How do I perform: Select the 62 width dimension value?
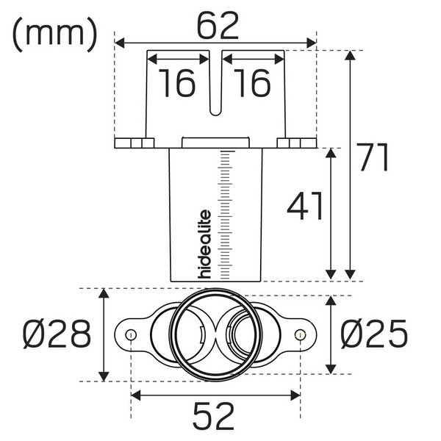click(218, 27)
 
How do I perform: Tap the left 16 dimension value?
click(177, 84)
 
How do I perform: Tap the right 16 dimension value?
click(252, 84)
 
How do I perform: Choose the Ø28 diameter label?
click(56, 335)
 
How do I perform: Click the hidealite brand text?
click(206, 245)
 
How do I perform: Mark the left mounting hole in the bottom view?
click(130, 335)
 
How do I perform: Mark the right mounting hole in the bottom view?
click(300, 335)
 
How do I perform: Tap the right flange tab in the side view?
click(297, 142)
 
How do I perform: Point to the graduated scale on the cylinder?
click(225, 213)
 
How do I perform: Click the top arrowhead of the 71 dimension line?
click(351, 56)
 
